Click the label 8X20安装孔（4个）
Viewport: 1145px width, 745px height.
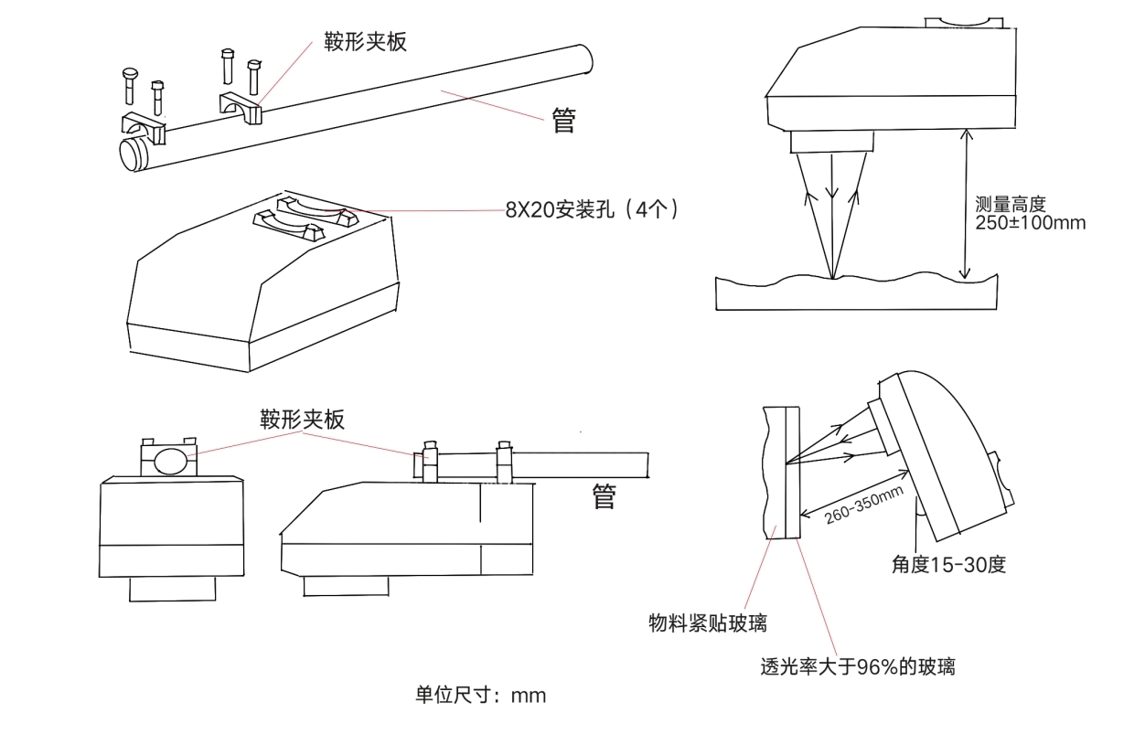tap(593, 209)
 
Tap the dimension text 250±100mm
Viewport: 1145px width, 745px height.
tap(1031, 221)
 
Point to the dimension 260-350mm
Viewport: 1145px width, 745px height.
tap(864, 506)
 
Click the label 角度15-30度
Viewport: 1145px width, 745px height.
tap(948, 564)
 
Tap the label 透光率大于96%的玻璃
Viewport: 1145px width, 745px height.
tap(858, 665)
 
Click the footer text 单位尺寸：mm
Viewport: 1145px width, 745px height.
tap(480, 695)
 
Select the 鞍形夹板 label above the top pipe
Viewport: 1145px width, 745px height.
tap(365, 41)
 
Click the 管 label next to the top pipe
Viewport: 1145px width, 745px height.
tap(564, 121)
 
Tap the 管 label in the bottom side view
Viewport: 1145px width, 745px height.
tap(605, 496)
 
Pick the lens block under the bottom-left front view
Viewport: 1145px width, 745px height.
tap(172, 588)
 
